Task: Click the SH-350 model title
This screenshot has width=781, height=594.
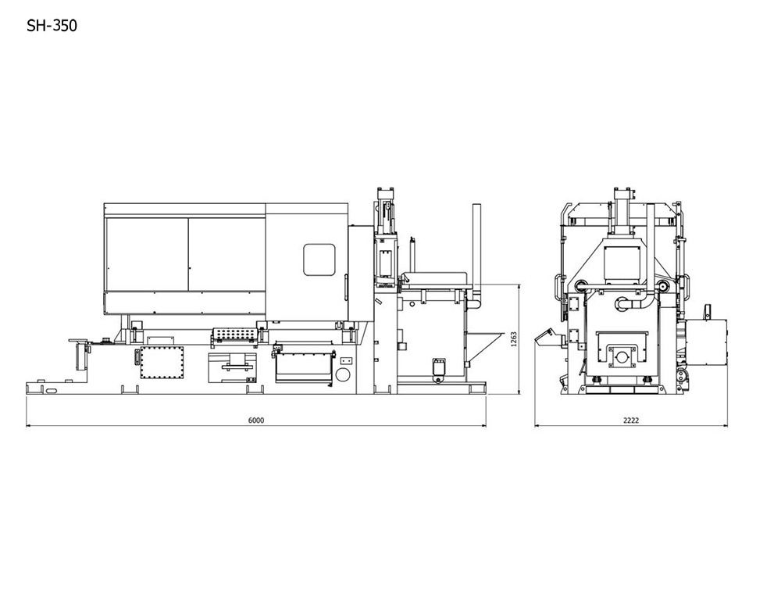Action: tap(52, 26)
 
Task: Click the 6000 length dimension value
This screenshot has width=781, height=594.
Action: tap(256, 420)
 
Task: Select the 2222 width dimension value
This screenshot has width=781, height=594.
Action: tap(630, 420)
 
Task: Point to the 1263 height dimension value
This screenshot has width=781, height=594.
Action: tap(514, 339)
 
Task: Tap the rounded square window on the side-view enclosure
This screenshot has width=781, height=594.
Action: tap(319, 259)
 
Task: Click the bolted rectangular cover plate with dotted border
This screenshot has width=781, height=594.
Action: tap(162, 363)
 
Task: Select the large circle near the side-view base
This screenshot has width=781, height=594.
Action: tap(343, 374)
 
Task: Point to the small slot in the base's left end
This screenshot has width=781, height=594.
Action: tap(51, 392)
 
